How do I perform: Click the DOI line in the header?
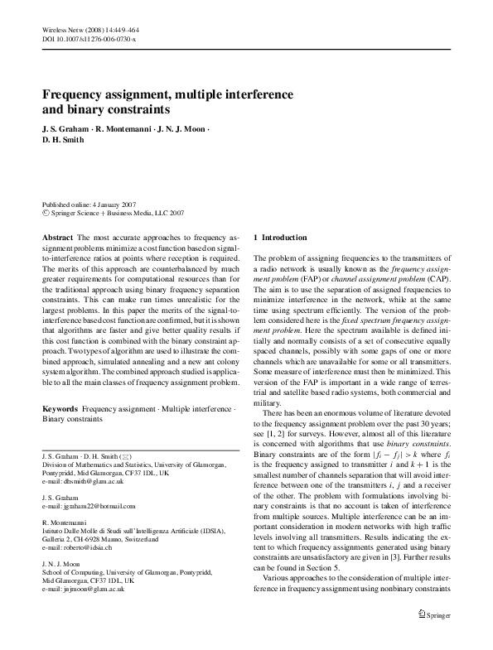[89, 38]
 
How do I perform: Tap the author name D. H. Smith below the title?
[65, 141]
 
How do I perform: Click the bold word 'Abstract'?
[57, 238]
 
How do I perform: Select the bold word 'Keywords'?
[60, 410]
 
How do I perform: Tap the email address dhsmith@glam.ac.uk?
[92, 480]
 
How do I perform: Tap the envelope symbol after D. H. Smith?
[124, 456]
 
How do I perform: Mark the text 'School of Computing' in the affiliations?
[71, 572]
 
